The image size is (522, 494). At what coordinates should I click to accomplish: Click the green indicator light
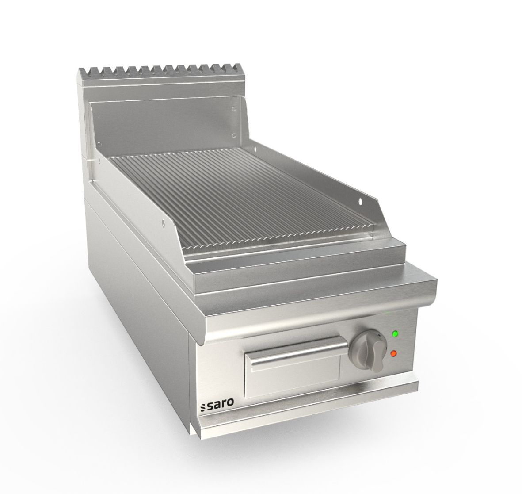[394, 334]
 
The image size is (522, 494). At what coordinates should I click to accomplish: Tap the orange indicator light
[393, 353]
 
